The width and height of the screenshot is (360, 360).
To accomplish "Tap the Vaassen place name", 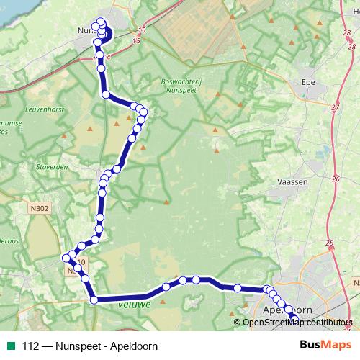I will [292, 182].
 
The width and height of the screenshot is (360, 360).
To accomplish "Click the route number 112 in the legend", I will [31, 346].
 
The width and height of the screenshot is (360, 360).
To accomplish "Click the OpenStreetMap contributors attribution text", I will [297, 322].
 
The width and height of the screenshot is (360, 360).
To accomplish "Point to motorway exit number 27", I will [335, 107].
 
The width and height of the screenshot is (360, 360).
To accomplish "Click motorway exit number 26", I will [335, 178].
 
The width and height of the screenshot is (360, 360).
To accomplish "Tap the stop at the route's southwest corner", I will [94, 300].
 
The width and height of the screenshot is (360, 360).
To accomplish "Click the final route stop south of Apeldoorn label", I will [294, 318].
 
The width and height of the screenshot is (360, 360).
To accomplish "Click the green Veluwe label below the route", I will [132, 305].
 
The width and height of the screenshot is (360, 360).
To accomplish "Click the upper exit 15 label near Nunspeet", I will [140, 30].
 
